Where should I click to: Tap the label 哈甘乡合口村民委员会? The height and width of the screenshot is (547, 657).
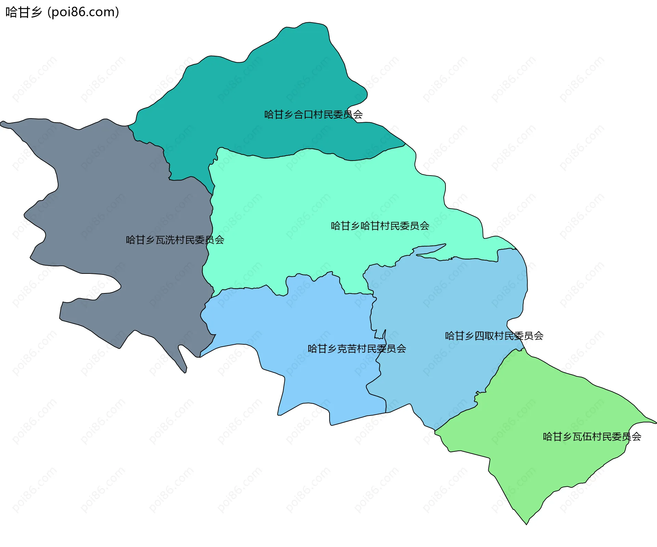(313, 114)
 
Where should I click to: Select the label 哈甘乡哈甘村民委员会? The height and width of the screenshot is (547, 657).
(380, 226)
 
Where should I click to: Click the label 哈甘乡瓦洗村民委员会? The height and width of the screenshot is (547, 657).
(175, 240)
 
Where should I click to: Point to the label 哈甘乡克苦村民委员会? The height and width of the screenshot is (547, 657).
(357, 348)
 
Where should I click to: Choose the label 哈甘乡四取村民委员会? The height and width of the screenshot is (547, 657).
(494, 335)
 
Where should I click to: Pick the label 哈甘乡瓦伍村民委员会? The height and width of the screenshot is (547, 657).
(592, 436)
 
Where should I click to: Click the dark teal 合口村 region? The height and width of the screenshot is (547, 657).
(274, 86)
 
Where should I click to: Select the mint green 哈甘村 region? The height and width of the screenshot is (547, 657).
(308, 205)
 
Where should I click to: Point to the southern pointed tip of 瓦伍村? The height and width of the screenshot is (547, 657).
(526, 523)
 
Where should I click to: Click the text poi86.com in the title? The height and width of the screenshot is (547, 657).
(83, 12)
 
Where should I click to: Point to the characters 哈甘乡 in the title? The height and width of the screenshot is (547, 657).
(23, 12)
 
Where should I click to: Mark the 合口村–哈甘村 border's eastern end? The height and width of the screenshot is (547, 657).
(405, 144)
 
